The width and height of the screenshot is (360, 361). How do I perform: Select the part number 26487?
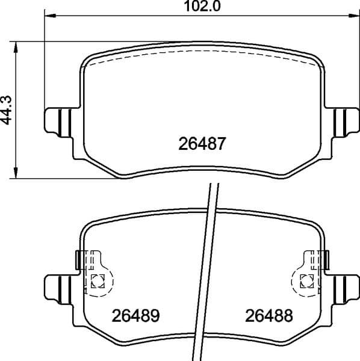click(202, 144)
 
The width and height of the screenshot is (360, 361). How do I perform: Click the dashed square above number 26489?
click(98, 280)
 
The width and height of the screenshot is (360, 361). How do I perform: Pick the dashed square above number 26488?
click(306, 280)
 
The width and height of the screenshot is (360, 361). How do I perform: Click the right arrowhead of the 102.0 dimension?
click(355, 16)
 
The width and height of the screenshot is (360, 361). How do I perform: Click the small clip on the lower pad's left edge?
click(78, 260)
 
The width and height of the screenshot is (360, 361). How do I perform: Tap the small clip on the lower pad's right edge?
click(326, 260)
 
